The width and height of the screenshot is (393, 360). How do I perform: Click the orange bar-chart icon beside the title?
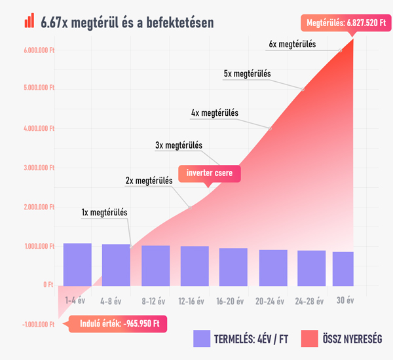tap(29, 21)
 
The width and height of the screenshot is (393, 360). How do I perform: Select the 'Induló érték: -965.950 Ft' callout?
tap(116, 323)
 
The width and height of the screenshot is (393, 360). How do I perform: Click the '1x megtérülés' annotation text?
tap(104, 212)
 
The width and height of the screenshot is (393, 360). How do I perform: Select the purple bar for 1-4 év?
tap(77, 264)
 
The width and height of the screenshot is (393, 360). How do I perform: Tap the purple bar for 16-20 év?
tap(233, 267)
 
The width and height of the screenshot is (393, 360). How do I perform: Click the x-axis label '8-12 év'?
tap(155, 301)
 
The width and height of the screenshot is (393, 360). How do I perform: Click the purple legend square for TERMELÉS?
tap(202, 338)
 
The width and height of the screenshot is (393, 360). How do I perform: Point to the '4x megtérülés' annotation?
tap(215, 113)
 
